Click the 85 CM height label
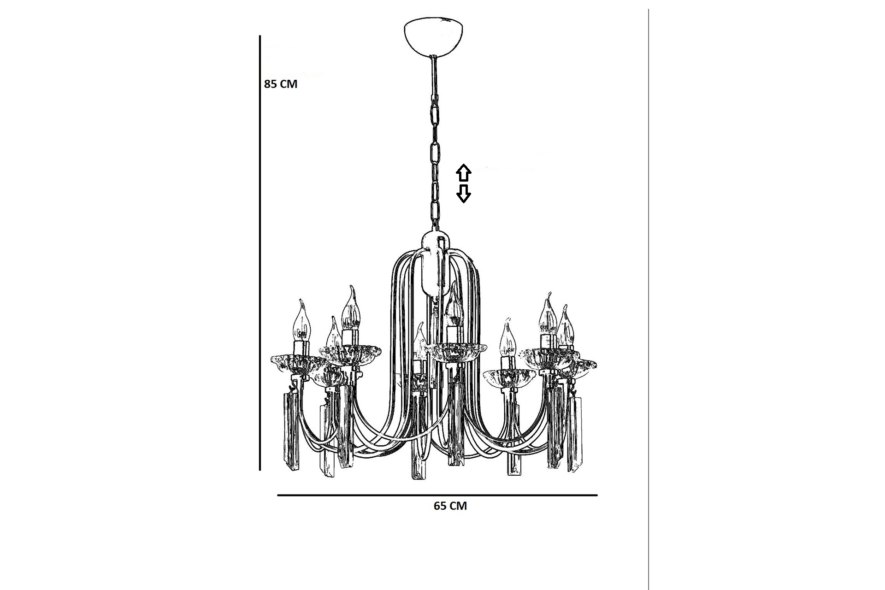(281, 84)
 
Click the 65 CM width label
(450, 506)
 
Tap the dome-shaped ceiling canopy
(433, 37)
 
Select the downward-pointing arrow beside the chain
(463, 194)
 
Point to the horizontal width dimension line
(437, 496)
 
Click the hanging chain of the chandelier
(434, 147)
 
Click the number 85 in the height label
(271, 84)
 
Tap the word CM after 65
(458, 506)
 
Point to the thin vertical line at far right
(649, 295)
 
